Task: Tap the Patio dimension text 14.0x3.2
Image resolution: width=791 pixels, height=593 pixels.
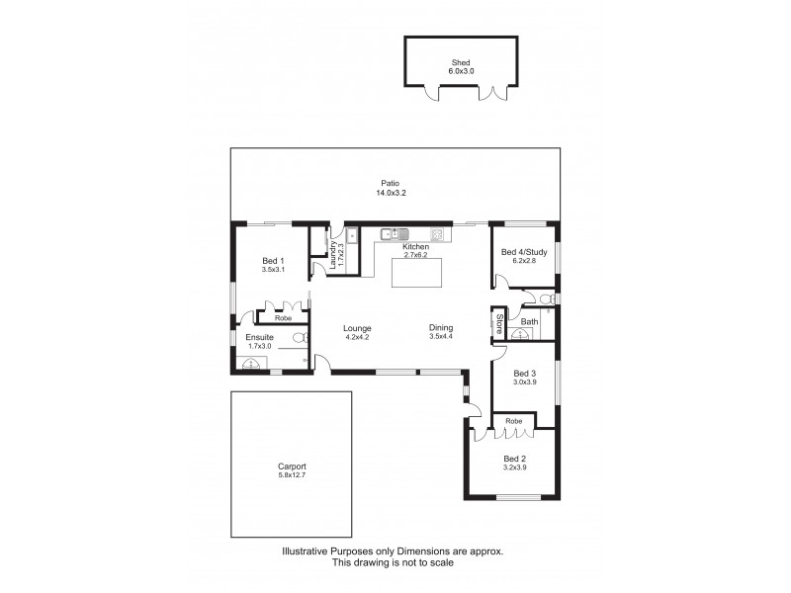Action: point(391,194)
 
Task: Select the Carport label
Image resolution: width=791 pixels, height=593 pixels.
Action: point(292,466)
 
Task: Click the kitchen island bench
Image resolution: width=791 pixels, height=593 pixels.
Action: point(417,272)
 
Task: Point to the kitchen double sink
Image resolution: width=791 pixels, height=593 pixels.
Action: point(394,234)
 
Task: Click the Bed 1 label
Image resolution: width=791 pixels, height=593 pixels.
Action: point(274,259)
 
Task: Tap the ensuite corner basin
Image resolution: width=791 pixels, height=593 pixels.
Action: point(251,363)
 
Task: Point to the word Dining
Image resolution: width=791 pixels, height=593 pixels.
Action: point(441,328)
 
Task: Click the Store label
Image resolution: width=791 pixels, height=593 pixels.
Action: point(500,321)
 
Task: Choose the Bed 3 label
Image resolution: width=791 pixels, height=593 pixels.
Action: point(524,373)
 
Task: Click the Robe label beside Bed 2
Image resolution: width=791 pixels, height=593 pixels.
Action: point(513,421)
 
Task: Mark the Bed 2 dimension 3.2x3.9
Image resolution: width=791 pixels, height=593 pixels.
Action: point(514,466)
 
